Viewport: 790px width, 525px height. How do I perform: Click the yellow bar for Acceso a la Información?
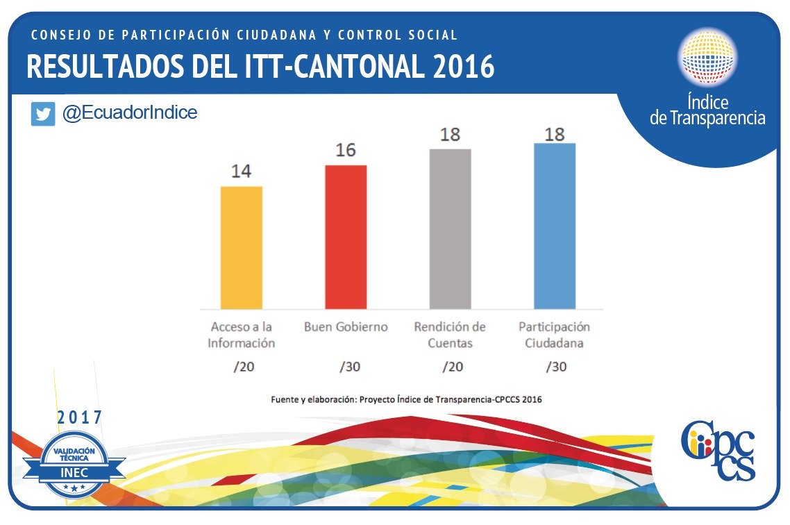242,247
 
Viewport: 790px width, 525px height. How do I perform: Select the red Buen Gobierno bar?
346,237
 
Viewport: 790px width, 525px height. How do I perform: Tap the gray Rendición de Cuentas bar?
450,229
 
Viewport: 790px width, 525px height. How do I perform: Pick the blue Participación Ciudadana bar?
554,226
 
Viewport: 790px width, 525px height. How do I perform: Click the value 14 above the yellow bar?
241,172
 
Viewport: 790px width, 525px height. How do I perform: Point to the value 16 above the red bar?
345,151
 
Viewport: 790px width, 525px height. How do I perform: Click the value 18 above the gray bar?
450,134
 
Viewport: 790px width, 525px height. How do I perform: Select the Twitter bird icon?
43,114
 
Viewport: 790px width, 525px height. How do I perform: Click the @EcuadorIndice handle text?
130,113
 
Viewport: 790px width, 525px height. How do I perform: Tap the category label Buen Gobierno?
346,327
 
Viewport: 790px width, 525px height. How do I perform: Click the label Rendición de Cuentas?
450,335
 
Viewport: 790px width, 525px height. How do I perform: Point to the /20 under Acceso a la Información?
244,367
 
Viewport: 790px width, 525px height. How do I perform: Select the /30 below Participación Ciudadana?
555,367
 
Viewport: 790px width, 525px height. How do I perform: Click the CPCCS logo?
717,450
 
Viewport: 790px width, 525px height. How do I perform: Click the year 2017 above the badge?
79,417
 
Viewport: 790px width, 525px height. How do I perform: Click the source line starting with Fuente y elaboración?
406,399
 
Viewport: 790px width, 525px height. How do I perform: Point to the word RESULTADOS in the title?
103,67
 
